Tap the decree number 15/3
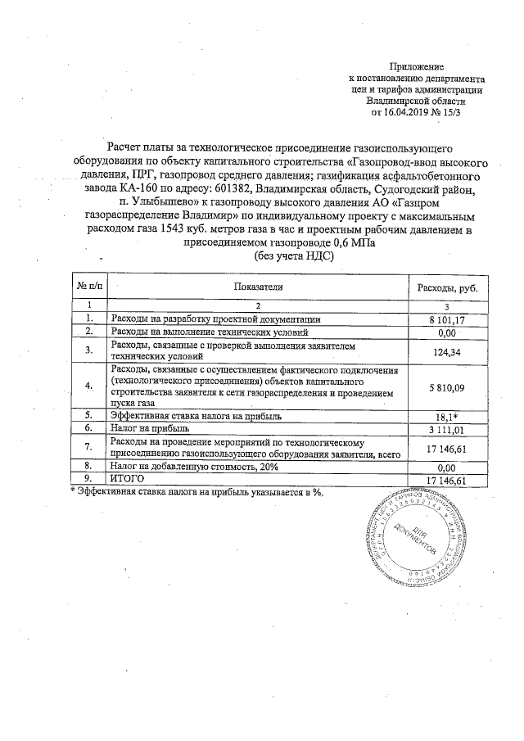click(449, 111)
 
